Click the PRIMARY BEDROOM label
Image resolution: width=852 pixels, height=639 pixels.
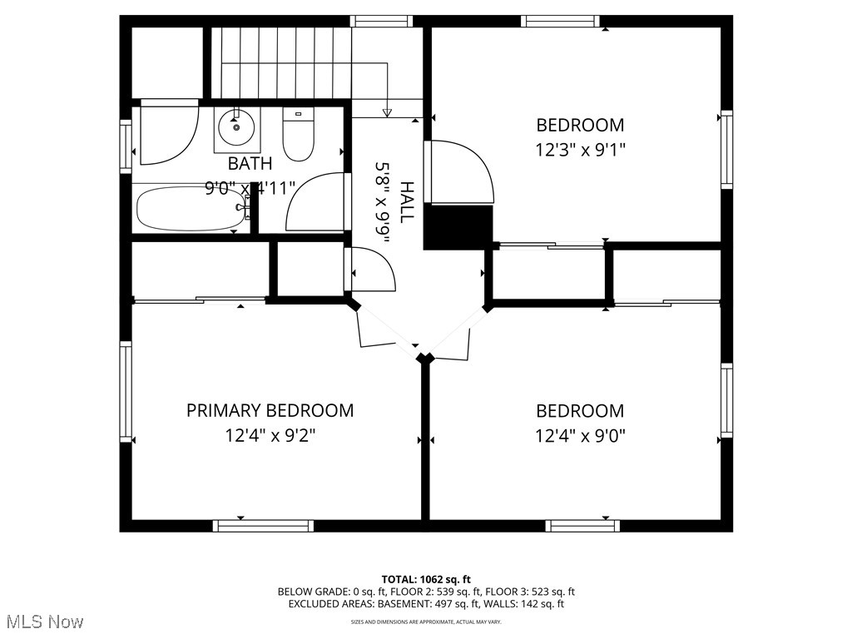(x=270, y=410)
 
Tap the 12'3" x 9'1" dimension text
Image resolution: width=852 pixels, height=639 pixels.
(x=580, y=150)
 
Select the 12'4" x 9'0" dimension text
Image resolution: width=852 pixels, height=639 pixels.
(x=580, y=435)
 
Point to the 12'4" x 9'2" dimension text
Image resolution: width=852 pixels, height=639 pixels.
(x=270, y=435)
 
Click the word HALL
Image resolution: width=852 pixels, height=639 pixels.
(x=406, y=201)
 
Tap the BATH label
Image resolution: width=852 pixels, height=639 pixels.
(x=250, y=163)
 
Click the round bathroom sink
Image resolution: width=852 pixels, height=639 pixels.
(x=235, y=127)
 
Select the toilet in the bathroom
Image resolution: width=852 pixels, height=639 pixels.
(x=297, y=136)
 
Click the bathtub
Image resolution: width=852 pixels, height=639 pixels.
(x=191, y=208)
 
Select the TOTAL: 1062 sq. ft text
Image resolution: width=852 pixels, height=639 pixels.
(x=426, y=579)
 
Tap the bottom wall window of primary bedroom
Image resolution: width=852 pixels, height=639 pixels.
(x=263, y=525)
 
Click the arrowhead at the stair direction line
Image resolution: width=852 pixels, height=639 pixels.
(x=387, y=112)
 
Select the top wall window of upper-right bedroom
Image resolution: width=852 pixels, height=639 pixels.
(x=559, y=21)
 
